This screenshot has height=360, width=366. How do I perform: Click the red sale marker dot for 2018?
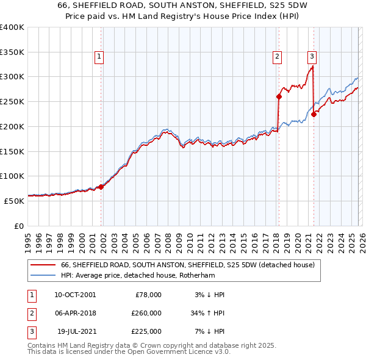click(279, 96)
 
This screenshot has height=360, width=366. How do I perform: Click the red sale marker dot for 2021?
click(314, 113)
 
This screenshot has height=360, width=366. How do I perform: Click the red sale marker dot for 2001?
click(101, 187)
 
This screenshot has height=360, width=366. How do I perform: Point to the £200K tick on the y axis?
click(12, 126)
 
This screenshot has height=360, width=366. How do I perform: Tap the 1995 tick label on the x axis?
click(28, 242)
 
